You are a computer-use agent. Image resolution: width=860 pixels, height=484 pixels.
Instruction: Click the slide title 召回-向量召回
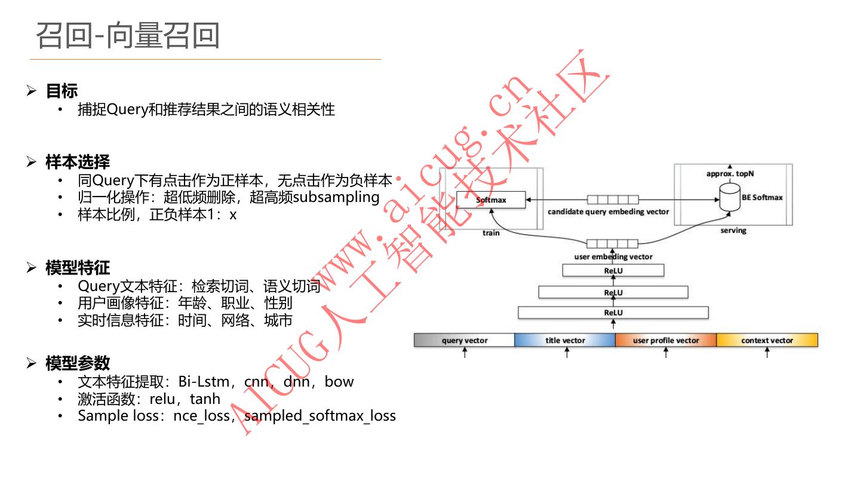(x=128, y=35)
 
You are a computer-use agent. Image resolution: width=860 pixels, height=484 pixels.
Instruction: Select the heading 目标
(x=62, y=91)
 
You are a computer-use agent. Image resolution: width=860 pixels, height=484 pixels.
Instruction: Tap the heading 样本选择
(x=78, y=162)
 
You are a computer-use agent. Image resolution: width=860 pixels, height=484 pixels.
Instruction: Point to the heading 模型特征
(x=78, y=268)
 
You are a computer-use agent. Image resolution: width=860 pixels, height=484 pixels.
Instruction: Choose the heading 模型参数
(x=78, y=363)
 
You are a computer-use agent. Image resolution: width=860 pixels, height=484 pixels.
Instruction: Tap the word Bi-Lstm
(x=204, y=381)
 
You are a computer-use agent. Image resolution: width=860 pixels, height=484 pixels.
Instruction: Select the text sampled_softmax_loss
(x=320, y=415)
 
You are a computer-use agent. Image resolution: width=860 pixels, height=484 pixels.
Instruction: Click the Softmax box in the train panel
(x=491, y=200)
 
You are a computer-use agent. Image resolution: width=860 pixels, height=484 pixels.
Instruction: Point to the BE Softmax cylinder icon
(x=729, y=198)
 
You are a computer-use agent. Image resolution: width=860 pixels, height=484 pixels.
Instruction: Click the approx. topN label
(x=729, y=174)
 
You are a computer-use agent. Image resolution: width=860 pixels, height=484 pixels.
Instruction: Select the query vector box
(x=464, y=341)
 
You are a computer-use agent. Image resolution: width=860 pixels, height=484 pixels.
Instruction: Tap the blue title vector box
(x=565, y=341)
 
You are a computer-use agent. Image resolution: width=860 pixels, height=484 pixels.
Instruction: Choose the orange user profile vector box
(x=666, y=341)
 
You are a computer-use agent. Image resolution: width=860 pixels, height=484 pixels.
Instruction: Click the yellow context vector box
(x=767, y=341)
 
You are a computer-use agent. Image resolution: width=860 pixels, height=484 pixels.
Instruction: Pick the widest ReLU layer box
(x=613, y=313)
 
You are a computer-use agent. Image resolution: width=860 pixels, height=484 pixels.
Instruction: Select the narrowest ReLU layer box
(x=613, y=271)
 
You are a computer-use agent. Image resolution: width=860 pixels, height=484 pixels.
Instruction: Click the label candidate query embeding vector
(x=608, y=212)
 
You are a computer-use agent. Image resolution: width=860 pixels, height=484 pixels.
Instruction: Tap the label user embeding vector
(x=613, y=257)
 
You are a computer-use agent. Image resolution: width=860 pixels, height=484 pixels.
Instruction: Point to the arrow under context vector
(x=767, y=353)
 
